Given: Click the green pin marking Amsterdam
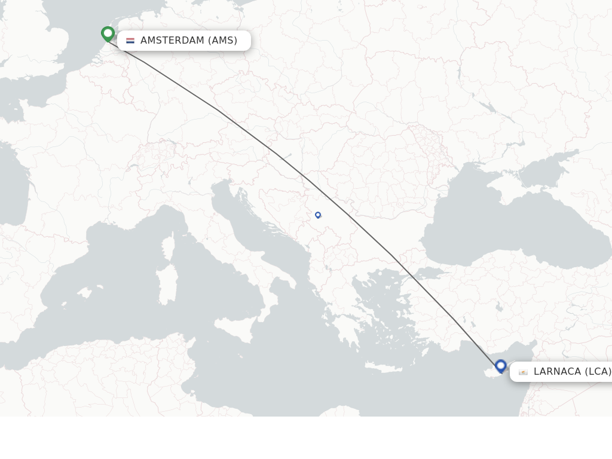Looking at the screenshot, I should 108,33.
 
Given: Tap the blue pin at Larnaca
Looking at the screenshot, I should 501,366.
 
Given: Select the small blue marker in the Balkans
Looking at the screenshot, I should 318,215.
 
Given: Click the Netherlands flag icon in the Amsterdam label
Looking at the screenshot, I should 130,41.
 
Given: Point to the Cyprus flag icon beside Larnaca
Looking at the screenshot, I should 523,372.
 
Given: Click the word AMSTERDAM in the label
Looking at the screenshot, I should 172,41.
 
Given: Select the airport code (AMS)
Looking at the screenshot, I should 222,41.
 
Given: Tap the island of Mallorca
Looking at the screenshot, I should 84,293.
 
